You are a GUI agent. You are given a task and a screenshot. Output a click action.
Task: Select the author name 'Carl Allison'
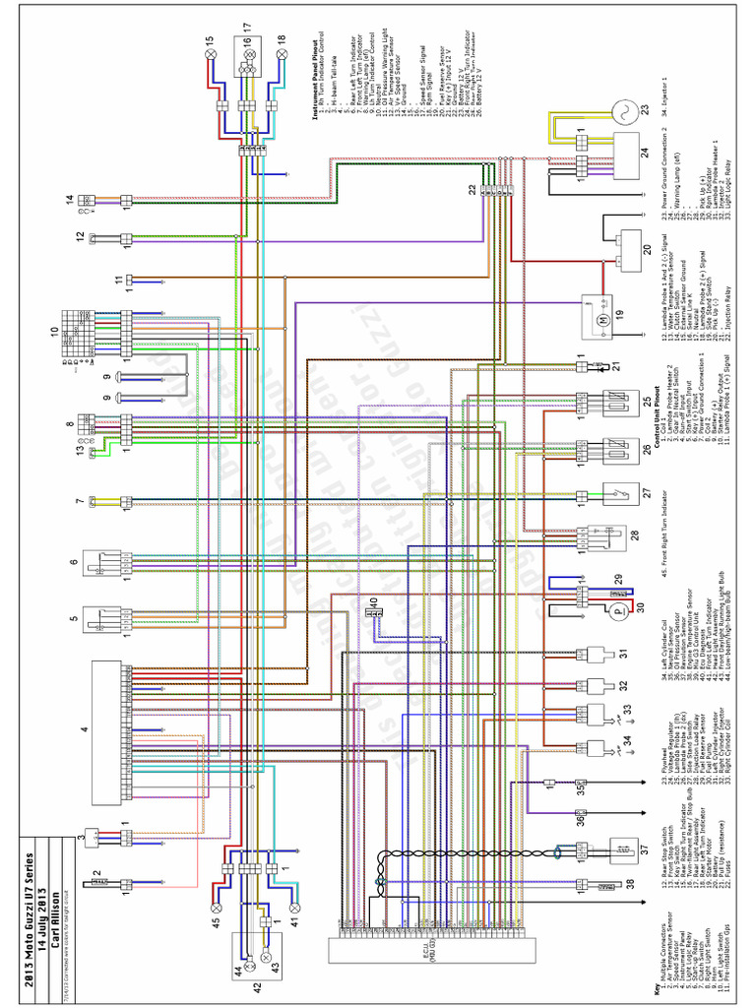tap(58, 915)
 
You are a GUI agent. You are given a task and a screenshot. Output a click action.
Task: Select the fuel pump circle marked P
tap(617, 611)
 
